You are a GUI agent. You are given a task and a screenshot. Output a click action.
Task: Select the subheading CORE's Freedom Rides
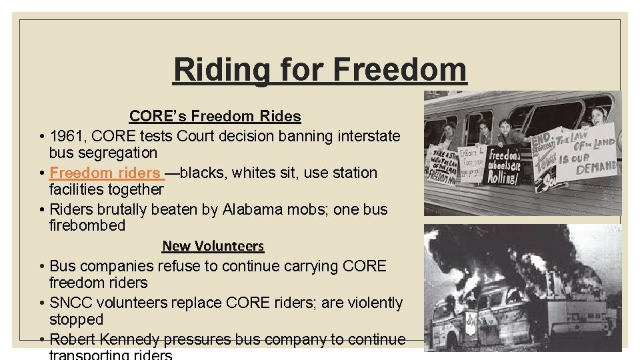[x=215, y=116]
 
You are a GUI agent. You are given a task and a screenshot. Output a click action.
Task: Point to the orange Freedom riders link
[x=105, y=173]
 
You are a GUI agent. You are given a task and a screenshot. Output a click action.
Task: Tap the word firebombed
[x=87, y=225]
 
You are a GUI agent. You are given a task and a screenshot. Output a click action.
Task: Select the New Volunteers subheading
[x=213, y=246]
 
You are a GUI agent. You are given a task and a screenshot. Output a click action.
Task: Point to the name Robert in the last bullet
[x=73, y=339]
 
